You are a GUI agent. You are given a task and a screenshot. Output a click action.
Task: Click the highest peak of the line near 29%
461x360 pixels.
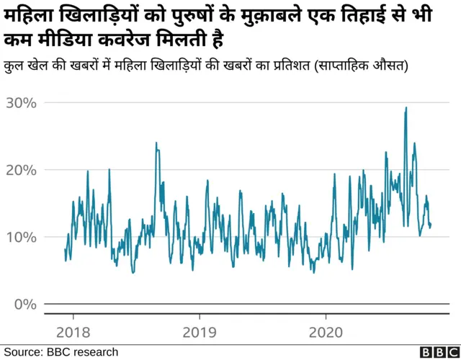click(x=406, y=108)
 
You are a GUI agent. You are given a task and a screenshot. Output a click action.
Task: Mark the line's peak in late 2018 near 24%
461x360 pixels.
click(x=156, y=143)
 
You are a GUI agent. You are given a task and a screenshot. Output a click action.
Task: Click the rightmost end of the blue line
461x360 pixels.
click(x=431, y=225)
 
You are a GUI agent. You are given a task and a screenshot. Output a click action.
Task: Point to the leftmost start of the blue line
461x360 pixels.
click(x=65, y=250)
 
